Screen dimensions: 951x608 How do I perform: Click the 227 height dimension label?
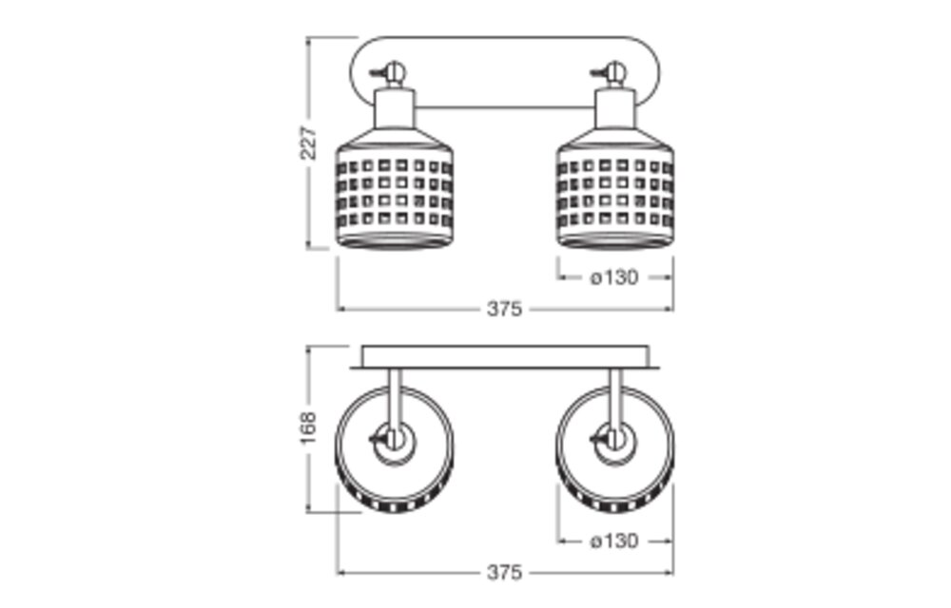coord(309,142)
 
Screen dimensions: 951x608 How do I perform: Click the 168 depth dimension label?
coord(309,427)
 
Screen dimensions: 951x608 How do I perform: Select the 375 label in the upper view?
coord(504,309)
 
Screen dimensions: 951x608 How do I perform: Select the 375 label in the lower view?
coord(504,572)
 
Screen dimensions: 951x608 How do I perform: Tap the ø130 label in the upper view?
coord(613,277)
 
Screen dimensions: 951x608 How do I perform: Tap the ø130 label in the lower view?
coord(613,541)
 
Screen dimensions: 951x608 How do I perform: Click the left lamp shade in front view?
coord(395,188)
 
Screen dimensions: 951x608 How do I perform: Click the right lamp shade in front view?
coord(615,188)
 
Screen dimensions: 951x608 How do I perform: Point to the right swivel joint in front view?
coord(613,72)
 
